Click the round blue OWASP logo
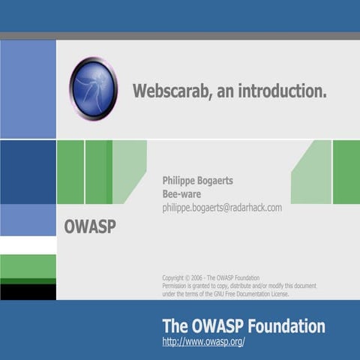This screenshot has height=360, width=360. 93,88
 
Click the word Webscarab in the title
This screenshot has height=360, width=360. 169,91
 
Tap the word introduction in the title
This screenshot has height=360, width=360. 283,91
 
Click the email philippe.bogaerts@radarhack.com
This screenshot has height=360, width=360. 222,208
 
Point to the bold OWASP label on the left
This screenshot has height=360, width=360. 90,226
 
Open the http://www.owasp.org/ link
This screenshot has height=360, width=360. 203,342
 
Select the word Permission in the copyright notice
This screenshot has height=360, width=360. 177,286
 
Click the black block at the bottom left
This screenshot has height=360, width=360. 28,291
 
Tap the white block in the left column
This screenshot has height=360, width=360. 28,245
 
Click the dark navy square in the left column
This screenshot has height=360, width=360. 28,172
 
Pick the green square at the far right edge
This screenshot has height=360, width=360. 346,172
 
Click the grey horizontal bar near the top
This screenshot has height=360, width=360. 180,36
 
